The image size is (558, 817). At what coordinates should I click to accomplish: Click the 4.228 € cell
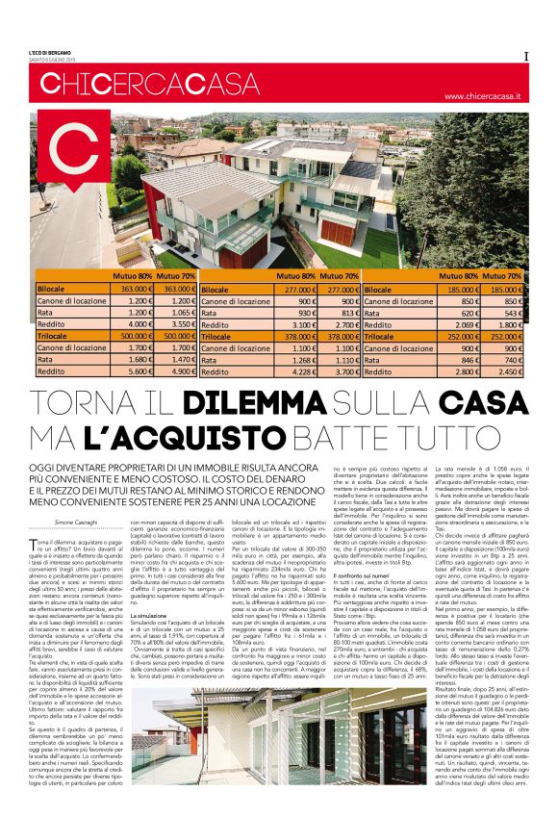pos(300,372)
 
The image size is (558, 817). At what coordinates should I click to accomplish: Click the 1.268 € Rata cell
pos(300,361)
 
